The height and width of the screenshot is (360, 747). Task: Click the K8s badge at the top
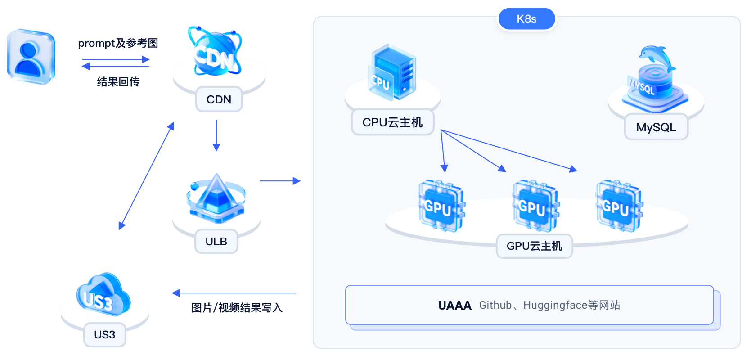coord(526,19)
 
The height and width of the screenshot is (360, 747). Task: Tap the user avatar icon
coord(31,57)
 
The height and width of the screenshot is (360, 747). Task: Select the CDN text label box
coord(219,99)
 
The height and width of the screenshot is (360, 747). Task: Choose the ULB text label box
coord(216,242)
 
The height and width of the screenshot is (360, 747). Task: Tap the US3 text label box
coord(105,335)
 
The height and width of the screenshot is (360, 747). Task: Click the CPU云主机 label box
coord(392,122)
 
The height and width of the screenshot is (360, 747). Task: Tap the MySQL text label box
coord(656,127)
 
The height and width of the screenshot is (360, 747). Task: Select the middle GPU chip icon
coord(535,206)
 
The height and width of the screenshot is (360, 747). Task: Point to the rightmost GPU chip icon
coord(618,206)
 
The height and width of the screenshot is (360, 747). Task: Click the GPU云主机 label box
coord(534,246)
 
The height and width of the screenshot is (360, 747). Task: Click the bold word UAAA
coord(454,306)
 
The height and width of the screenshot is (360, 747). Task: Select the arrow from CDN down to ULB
coord(216,135)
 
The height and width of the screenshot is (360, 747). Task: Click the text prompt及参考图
coord(118,43)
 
